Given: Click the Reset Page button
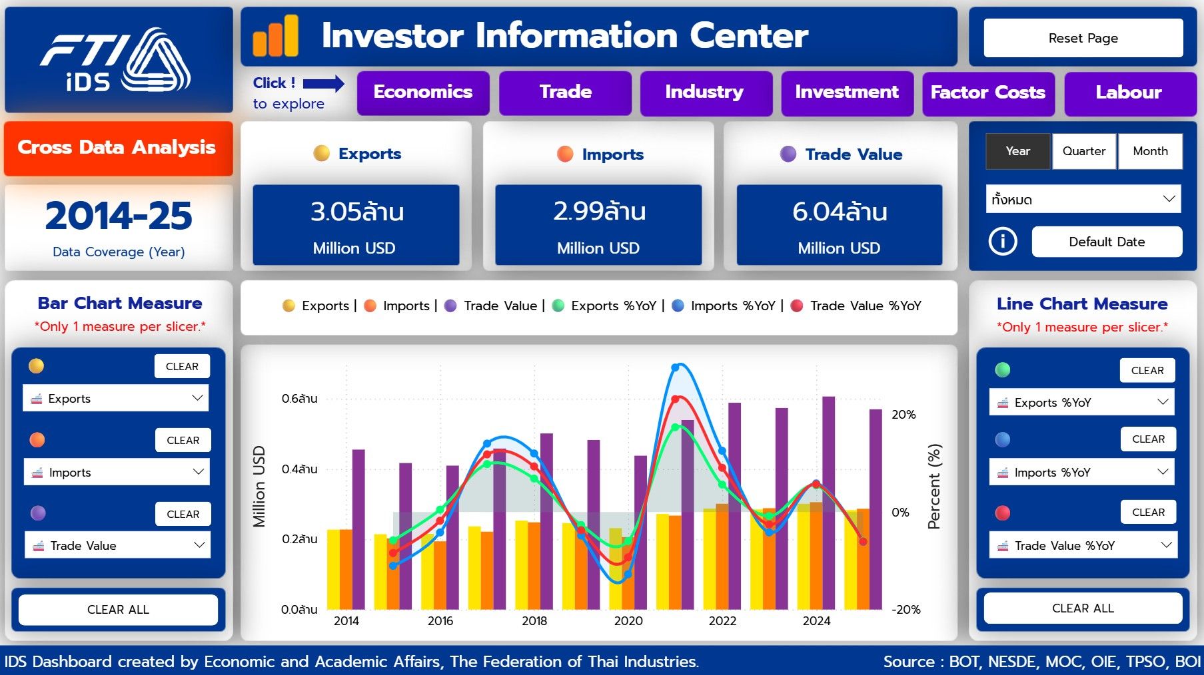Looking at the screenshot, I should (x=1083, y=38).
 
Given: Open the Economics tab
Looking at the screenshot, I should (x=423, y=93).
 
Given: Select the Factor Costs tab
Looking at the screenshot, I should (x=987, y=93).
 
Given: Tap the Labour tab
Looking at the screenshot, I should (x=1129, y=93).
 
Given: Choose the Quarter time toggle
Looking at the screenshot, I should (x=1083, y=151).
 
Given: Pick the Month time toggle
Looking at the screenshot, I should (x=1150, y=151).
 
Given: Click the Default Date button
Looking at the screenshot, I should (x=1107, y=242).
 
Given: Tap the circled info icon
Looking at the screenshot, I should (x=1003, y=241).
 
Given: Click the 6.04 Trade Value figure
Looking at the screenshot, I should (x=839, y=212).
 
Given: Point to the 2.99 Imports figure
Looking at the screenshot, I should (x=598, y=212).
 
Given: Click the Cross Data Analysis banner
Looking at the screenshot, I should (x=118, y=148).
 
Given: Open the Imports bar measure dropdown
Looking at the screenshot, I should (x=117, y=472).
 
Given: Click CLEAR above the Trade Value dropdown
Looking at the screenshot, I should (x=183, y=514).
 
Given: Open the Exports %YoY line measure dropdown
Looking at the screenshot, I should (x=1082, y=402).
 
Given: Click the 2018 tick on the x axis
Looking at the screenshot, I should (x=534, y=621).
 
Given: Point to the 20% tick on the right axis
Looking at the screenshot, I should (x=903, y=415).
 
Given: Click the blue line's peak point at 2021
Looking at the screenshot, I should (x=676, y=367).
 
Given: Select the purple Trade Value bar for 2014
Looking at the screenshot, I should (x=358, y=529).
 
